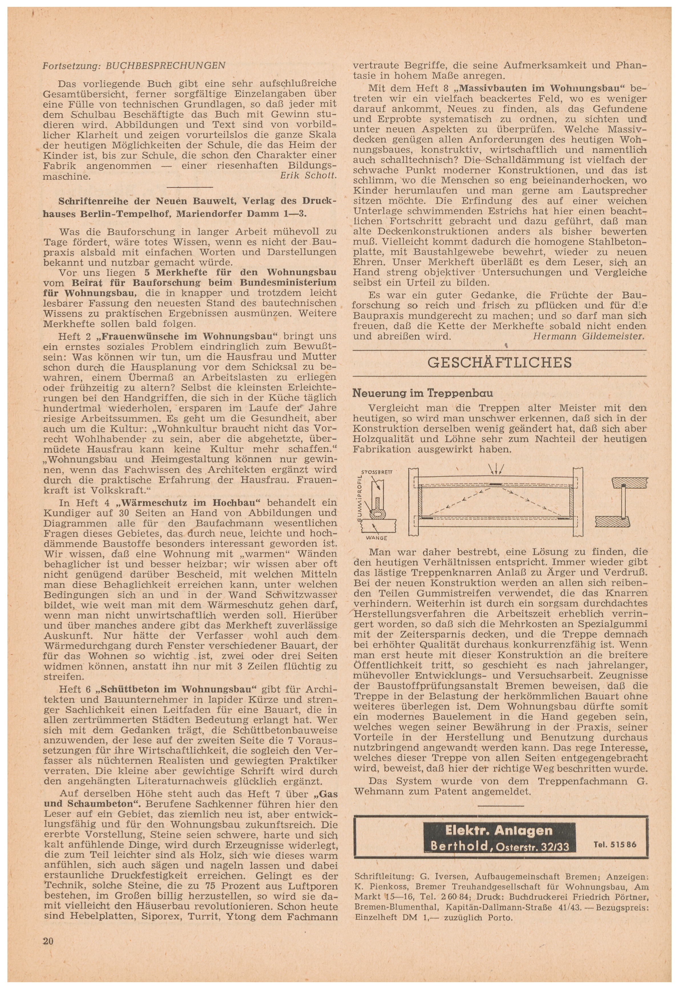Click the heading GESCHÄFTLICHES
coord(499,362)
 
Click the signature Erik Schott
coord(308,176)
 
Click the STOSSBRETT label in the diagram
coord(377,472)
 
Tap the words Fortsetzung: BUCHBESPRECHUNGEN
coord(134,66)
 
